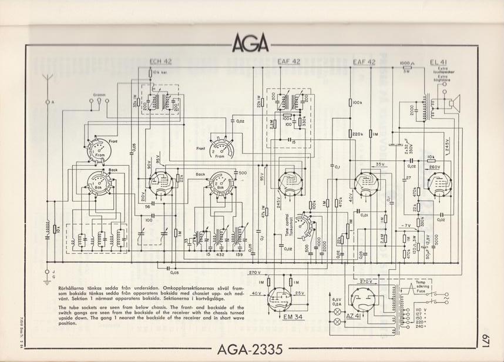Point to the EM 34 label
tap(278, 318)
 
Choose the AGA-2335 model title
tap(251, 349)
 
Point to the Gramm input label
tap(99, 94)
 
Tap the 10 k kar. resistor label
tap(160, 73)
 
